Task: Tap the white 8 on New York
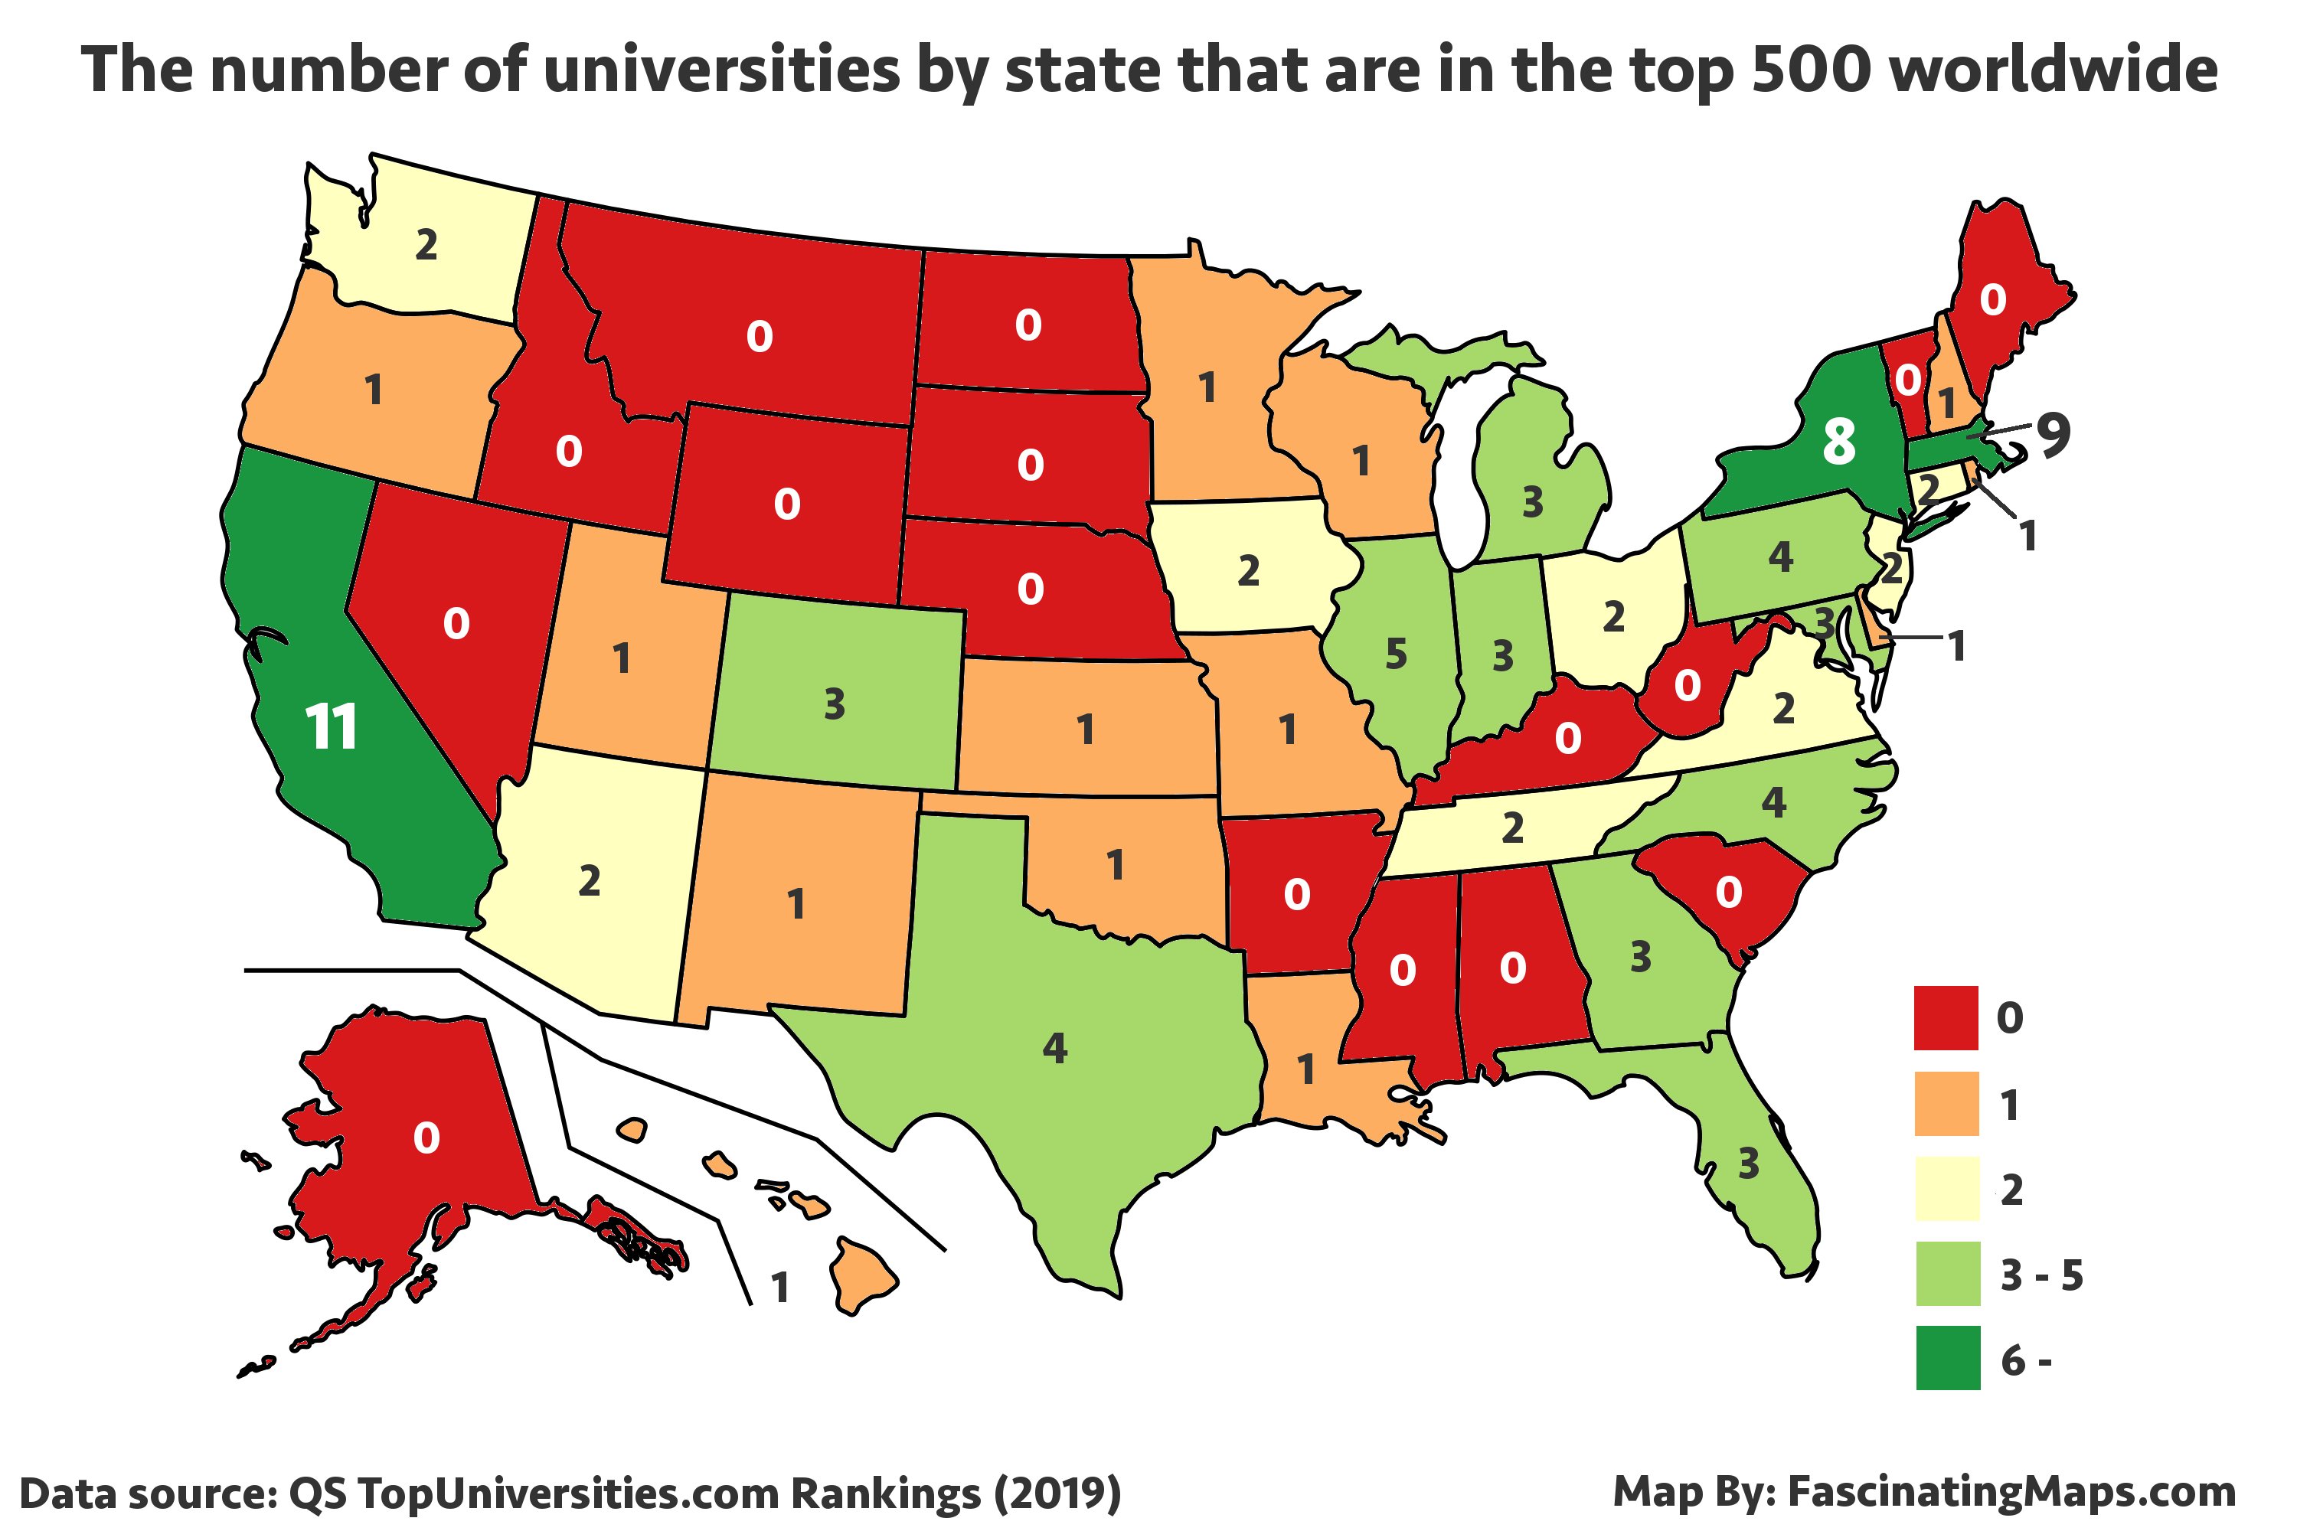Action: point(1839,442)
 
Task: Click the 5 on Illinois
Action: point(1397,655)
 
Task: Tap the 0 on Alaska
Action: point(426,1138)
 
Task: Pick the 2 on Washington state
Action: point(426,245)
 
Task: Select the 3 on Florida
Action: point(1748,1164)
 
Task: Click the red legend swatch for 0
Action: point(1946,1018)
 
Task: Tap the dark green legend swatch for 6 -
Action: point(1947,1358)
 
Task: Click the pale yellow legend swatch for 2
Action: point(1946,1188)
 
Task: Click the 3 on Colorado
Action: point(834,704)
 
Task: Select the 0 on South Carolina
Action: point(1729,892)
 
